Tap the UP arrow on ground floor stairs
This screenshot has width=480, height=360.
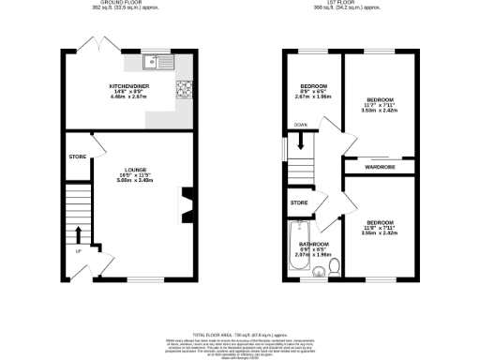click(x=78, y=233)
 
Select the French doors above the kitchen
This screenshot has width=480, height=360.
click(x=90, y=44)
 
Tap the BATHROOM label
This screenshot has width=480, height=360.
click(x=312, y=245)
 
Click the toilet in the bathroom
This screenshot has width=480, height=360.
click(x=332, y=272)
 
